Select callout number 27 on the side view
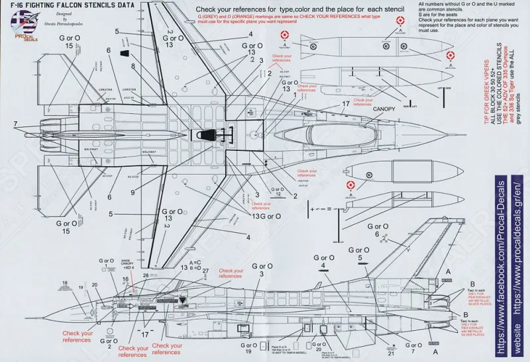206,271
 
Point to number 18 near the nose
65,284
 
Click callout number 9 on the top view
133,192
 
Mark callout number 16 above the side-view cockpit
125,280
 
